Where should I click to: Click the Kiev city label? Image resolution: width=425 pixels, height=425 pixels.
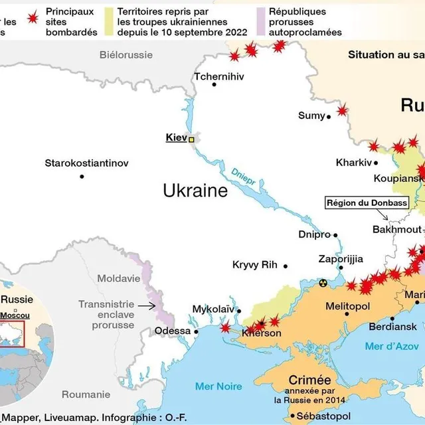click(x=176, y=138)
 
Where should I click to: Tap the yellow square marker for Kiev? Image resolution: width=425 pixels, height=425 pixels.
click(x=192, y=139)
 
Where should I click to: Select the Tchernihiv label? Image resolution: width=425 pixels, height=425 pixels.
click(x=215, y=76)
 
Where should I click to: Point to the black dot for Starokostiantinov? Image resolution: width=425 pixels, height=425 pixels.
click(x=82, y=176)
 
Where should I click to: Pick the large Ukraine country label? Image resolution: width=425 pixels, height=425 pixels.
click(x=195, y=191)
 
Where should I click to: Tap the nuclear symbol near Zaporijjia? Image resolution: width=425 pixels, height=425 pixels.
click(x=323, y=283)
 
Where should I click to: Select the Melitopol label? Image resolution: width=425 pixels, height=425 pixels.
click(x=347, y=306)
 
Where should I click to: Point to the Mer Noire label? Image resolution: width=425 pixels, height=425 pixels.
click(x=218, y=386)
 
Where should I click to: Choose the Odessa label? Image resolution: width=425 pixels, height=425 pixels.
click(x=172, y=331)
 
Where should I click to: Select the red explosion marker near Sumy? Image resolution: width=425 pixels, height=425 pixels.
click(x=342, y=110)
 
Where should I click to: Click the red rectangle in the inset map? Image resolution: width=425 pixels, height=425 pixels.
click(x=12, y=334)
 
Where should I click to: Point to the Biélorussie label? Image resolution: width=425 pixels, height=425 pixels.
click(x=126, y=55)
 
